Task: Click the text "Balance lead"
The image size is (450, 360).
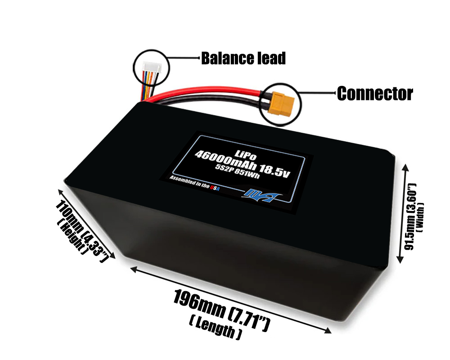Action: coord(243,58)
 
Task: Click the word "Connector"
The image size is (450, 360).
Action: coord(375,94)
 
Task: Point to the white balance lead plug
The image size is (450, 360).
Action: coord(150,71)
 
